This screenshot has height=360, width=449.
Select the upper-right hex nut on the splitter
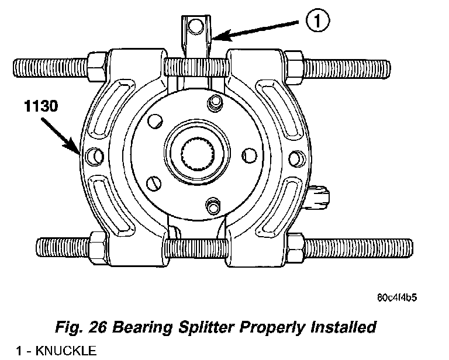pos(294,63)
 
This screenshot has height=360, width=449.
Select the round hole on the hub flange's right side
pos(248,155)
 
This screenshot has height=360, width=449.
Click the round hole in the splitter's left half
pos(92,155)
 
